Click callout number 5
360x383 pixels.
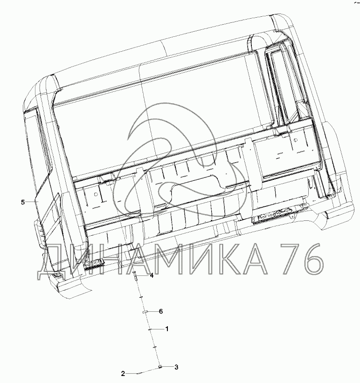(x=23, y=202)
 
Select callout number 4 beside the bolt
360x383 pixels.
(x=152, y=275)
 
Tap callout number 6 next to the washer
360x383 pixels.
(x=161, y=311)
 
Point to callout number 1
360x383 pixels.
(x=167, y=329)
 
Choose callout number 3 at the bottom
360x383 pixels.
(x=176, y=367)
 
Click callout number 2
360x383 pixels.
(x=123, y=374)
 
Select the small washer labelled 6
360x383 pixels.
(x=145, y=312)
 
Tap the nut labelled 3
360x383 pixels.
(x=159, y=366)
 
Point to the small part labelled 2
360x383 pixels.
(x=138, y=373)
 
